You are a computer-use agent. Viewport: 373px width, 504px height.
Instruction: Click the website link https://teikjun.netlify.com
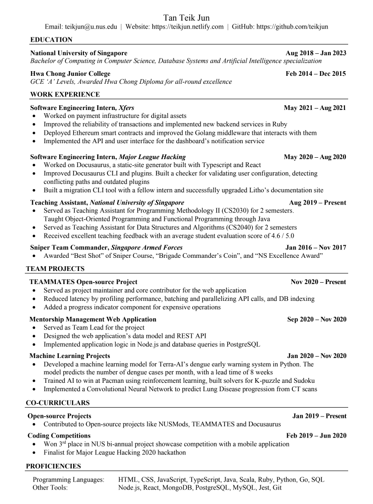pyautogui.click(x=187, y=27)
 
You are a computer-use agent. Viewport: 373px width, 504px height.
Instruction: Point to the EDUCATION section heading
pyautogui.click(x=51, y=39)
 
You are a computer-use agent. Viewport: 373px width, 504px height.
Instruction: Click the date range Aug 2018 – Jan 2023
pyautogui.click(x=316, y=53)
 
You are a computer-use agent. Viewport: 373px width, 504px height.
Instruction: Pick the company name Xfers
pyautogui.click(x=126, y=108)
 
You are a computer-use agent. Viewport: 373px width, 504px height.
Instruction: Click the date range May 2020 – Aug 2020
pyautogui.click(x=315, y=157)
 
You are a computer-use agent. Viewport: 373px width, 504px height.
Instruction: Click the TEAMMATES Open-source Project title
pyautogui.click(x=83, y=282)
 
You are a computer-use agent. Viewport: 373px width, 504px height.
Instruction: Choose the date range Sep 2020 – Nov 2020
pyautogui.click(x=317, y=319)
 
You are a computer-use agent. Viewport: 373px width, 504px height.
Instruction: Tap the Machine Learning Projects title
pyautogui.click(x=70, y=356)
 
